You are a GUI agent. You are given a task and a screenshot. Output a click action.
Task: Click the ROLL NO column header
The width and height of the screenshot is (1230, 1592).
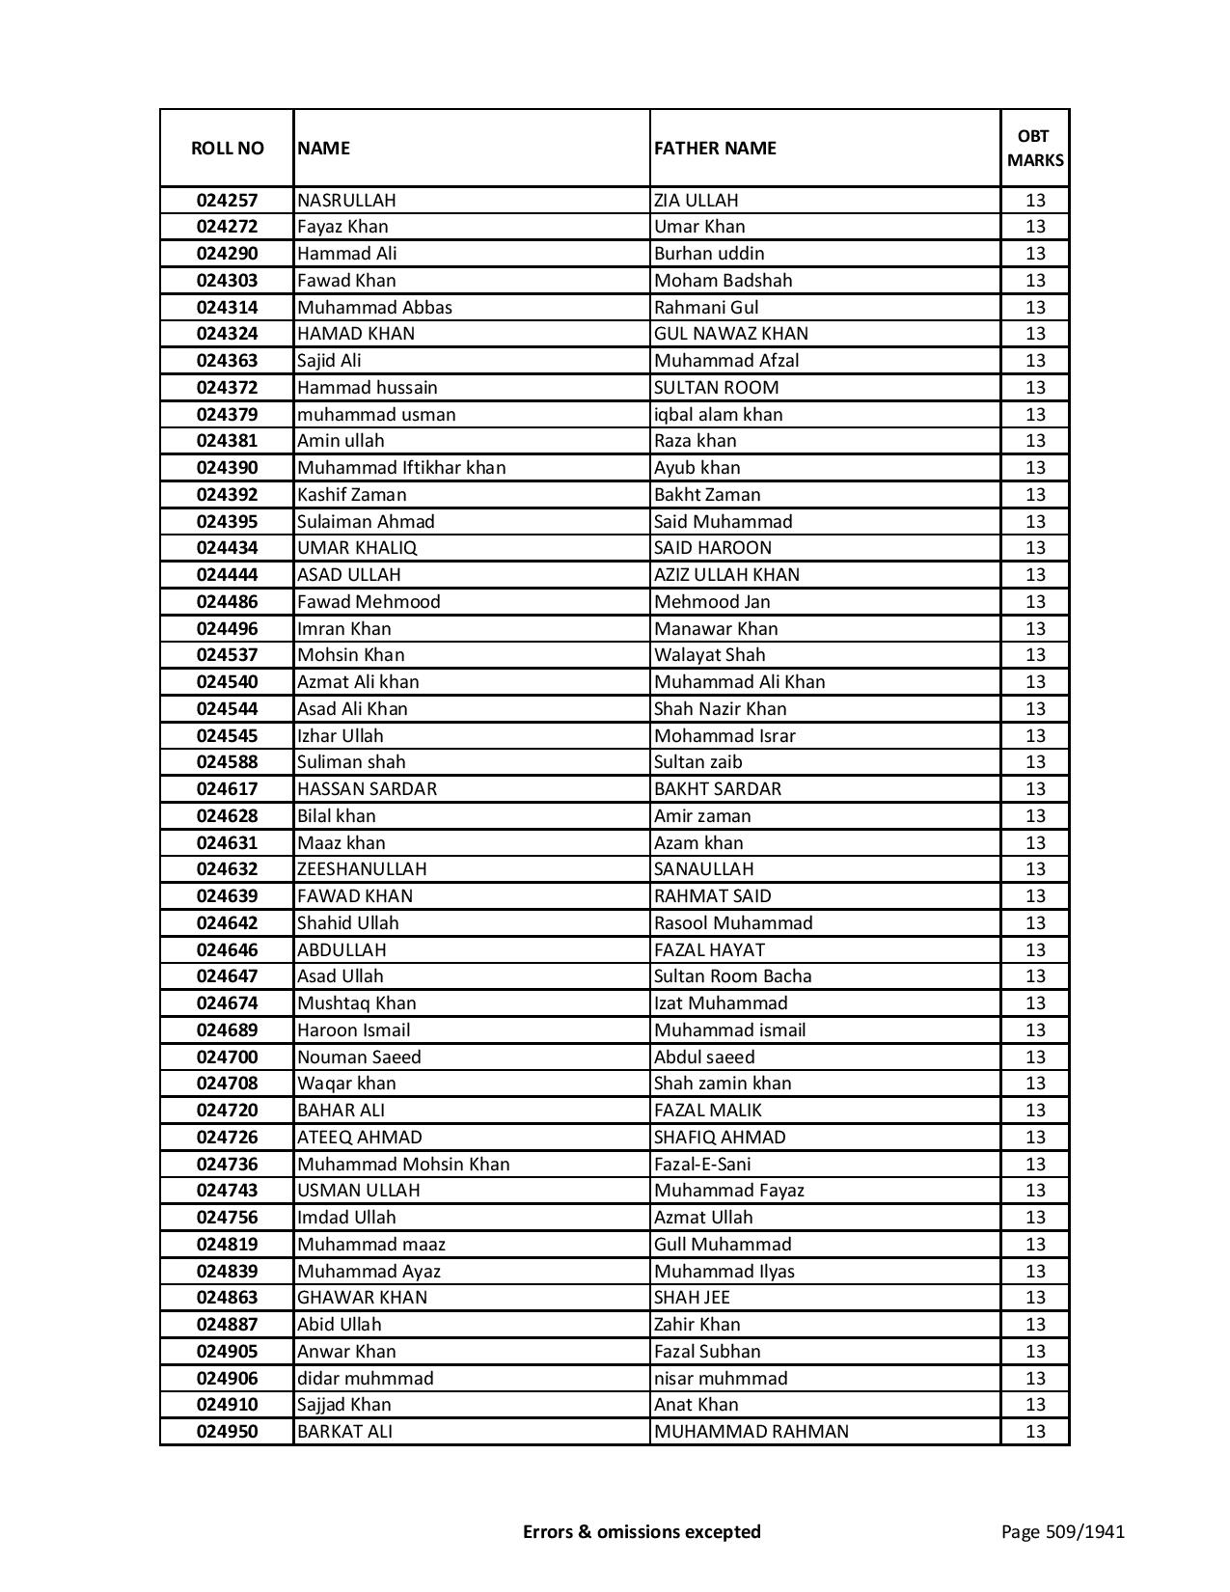(x=227, y=149)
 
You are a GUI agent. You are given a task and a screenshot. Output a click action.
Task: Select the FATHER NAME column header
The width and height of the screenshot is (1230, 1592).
(x=715, y=149)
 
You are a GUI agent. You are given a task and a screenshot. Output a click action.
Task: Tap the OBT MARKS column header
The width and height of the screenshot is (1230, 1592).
(x=1035, y=148)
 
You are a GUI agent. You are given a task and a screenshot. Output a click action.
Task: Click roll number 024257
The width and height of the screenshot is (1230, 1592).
(x=227, y=201)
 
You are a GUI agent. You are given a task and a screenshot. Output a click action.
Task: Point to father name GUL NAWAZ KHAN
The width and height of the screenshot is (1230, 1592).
(x=730, y=334)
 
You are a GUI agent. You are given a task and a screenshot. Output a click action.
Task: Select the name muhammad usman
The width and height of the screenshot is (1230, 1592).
(x=376, y=415)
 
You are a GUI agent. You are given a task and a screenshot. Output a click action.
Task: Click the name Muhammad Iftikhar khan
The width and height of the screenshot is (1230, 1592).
(x=401, y=468)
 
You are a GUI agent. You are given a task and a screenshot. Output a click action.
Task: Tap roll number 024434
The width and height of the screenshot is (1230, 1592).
(x=227, y=548)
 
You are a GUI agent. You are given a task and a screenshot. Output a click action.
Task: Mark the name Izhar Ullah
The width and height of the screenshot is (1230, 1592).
(x=340, y=736)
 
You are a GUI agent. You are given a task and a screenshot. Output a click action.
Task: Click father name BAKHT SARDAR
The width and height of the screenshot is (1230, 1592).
(x=717, y=789)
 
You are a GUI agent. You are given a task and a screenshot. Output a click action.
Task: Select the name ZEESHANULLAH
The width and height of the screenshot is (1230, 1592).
(x=362, y=869)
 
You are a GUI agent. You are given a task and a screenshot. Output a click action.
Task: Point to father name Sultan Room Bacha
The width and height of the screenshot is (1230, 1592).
(x=732, y=976)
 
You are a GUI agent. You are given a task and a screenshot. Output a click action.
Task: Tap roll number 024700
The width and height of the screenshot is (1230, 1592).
(x=227, y=1057)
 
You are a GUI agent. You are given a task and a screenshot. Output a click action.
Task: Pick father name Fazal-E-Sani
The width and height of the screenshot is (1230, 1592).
(x=701, y=1165)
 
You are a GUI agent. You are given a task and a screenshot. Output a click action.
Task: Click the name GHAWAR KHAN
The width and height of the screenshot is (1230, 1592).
(x=362, y=1298)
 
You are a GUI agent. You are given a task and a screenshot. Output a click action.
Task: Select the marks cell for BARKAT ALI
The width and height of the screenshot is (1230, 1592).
(x=1035, y=1432)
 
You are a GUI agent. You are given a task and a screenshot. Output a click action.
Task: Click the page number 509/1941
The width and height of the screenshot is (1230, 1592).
(x=1062, y=1532)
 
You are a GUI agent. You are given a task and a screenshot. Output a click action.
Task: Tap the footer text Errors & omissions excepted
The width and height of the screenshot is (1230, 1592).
(x=642, y=1532)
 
